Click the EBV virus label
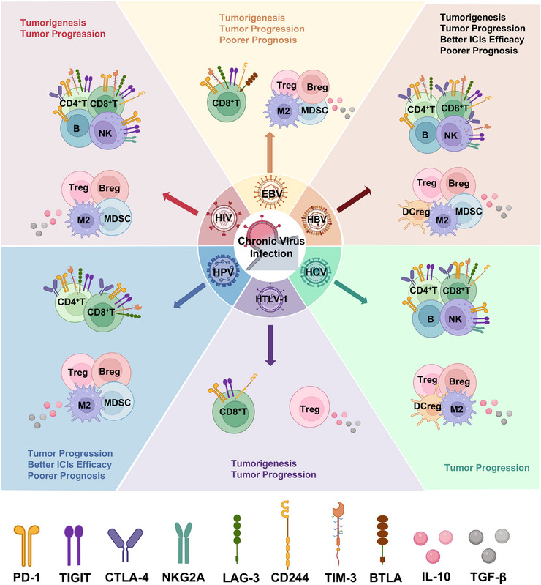(272, 193)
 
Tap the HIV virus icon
(224, 218)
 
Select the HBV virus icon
(317, 220)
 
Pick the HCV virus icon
(316, 272)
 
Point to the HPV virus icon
(224, 272)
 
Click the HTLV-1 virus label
(271, 299)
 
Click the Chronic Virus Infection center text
(271, 247)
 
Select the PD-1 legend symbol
(26, 545)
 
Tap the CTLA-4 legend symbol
(125, 545)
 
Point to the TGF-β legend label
(488, 577)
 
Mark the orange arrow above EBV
(270, 152)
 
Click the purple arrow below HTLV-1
(270, 345)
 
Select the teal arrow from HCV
(350, 291)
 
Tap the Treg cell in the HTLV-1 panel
(310, 407)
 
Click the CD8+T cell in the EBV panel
(226, 102)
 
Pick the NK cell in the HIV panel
(107, 131)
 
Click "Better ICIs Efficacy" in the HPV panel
(69, 464)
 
